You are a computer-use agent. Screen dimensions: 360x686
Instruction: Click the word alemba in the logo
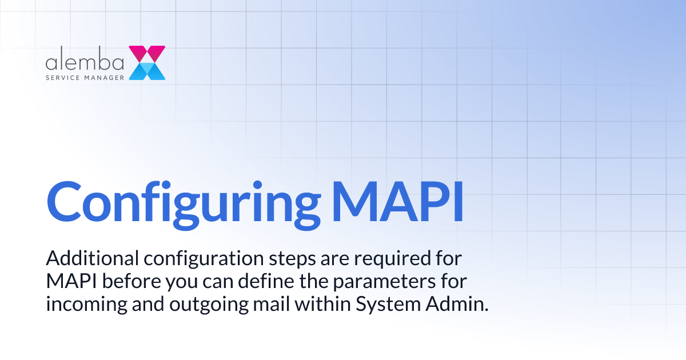(84, 61)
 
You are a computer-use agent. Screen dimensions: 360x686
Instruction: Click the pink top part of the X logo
(147, 53)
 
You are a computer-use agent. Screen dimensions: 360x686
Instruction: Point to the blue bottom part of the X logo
(147, 71)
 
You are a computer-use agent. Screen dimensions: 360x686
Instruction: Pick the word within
(324, 303)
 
